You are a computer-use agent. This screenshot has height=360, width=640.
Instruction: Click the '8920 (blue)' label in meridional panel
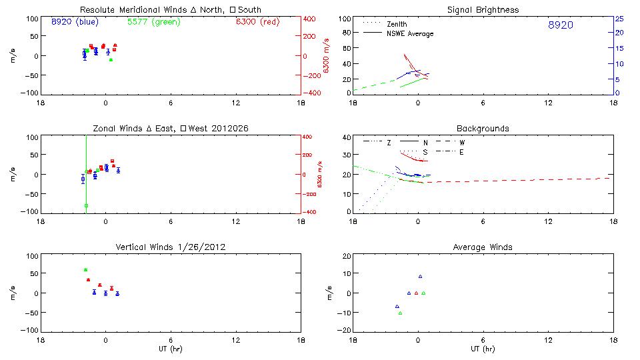click(75, 21)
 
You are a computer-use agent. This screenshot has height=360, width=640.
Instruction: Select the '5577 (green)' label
click(153, 21)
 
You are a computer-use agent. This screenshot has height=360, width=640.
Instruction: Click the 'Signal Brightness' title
click(483, 10)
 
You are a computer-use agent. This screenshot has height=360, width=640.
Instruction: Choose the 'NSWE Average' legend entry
click(409, 33)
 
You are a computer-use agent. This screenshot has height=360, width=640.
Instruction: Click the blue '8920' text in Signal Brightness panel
click(560, 25)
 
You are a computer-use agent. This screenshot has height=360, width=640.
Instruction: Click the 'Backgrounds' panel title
click(483, 128)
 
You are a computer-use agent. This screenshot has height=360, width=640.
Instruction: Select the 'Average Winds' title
click(483, 247)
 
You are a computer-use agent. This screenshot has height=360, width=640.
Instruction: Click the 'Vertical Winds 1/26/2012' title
click(171, 247)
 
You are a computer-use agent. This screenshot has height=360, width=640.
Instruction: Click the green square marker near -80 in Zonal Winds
click(87, 206)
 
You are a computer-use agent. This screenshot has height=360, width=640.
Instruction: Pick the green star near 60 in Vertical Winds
click(86, 270)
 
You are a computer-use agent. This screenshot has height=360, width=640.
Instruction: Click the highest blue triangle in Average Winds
click(420, 277)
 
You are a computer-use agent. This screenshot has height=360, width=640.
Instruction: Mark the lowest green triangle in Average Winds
click(400, 313)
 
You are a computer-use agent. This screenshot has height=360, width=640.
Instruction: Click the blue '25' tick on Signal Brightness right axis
click(619, 18)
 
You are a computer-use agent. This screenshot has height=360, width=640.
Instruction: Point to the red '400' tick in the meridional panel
click(309, 19)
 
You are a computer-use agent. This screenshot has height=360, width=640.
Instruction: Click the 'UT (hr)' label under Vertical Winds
click(170, 348)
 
